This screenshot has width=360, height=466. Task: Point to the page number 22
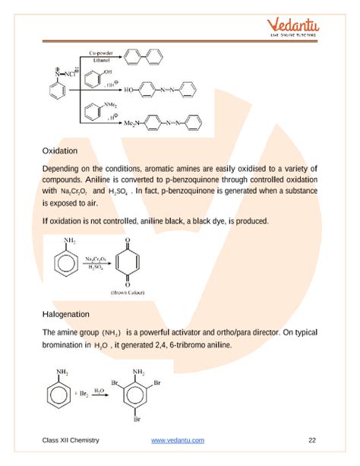coord(312,441)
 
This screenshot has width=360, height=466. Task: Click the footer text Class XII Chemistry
coord(71,441)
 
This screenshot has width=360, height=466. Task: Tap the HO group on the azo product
coord(130,88)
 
